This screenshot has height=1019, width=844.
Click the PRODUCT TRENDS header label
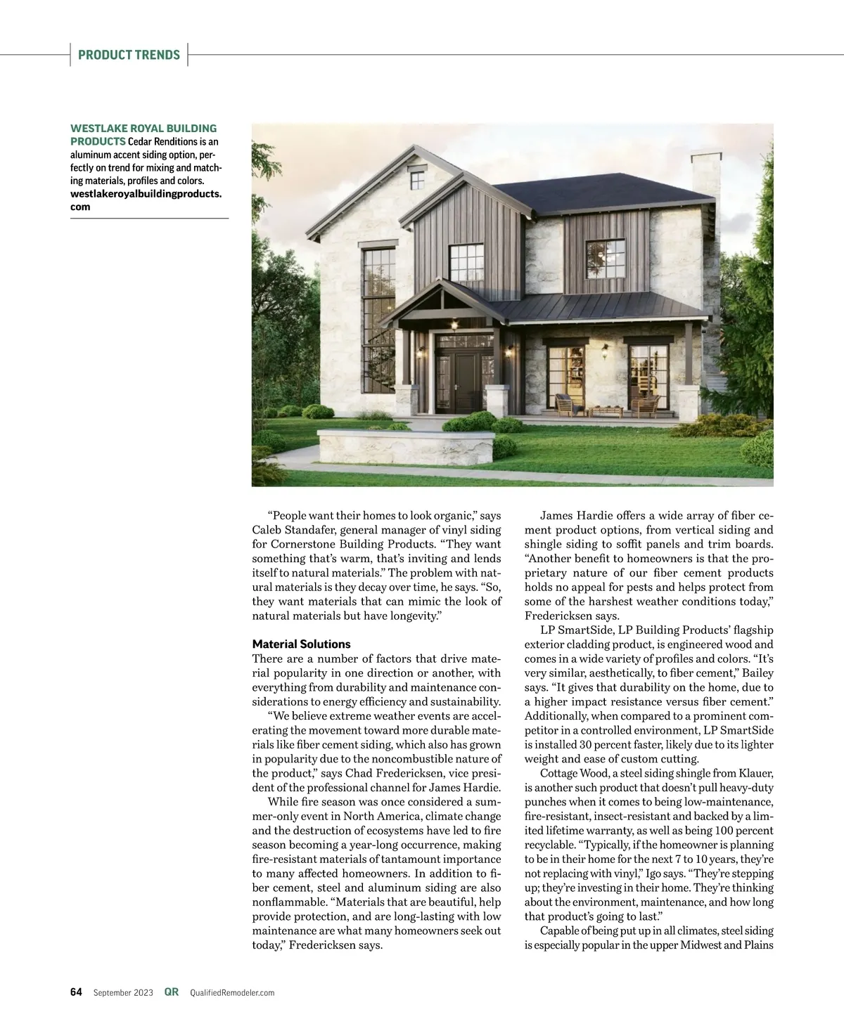pos(129,55)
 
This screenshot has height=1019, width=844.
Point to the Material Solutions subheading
pos(301,644)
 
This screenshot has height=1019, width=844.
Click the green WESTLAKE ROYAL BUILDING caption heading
pos(143,128)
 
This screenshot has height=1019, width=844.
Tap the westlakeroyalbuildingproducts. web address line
pos(146,193)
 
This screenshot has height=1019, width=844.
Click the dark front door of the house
pos(454,384)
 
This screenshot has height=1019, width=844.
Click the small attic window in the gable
pos(416,178)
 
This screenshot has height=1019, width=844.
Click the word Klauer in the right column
pos(757,774)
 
